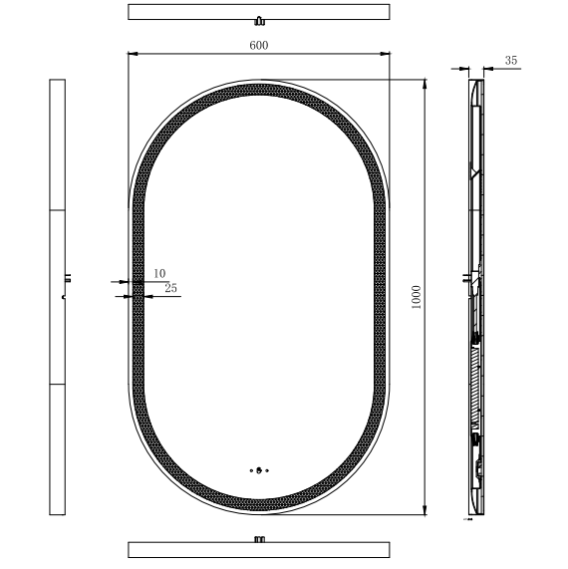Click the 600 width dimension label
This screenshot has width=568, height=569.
coord(259,45)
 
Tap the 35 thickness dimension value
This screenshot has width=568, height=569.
coord(511,61)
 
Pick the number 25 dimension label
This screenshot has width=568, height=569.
coord(170,288)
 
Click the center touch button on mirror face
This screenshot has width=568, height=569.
coord(259,471)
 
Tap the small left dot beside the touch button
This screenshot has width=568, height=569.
coord(250,471)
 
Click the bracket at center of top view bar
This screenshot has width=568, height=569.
coord(259,20)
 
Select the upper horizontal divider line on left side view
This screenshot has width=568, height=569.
coord(57,210)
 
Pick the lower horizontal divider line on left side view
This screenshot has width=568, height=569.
coord(57,383)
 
